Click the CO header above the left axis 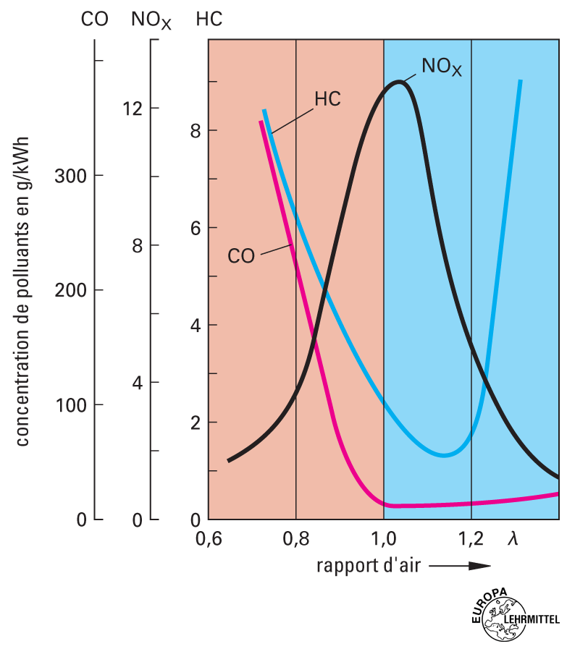tap(94, 20)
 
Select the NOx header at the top tap(151, 20)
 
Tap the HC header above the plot tap(209, 20)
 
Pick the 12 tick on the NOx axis tap(132, 109)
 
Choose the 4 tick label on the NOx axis tap(136, 382)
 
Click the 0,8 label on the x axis tap(295, 539)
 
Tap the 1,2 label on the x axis tap(471, 539)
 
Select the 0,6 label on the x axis tap(209, 539)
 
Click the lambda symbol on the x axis tap(513, 538)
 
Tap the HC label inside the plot tap(327, 99)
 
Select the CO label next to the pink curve tap(241, 256)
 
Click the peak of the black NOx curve tap(399, 82)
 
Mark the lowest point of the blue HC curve tap(445, 454)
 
